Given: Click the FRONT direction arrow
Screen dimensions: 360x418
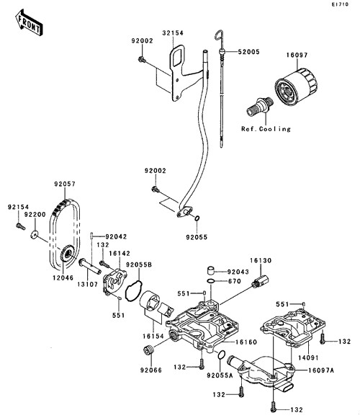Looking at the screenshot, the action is coord(29,22).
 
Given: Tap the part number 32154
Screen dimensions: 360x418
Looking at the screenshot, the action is coord(173,33).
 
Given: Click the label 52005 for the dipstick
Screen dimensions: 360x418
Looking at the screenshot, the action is coord(248,52).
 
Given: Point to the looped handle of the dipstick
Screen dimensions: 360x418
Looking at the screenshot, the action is coord(219,36).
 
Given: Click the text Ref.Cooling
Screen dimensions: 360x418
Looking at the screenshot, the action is coord(266,129).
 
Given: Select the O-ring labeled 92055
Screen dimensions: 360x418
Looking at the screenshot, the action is coord(197,218).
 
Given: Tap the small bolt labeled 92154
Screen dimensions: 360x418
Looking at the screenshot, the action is coord(20,226).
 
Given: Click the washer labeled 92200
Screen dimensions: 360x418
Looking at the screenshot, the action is coord(34,235).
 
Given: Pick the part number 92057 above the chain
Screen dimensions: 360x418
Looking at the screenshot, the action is coord(65,184).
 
